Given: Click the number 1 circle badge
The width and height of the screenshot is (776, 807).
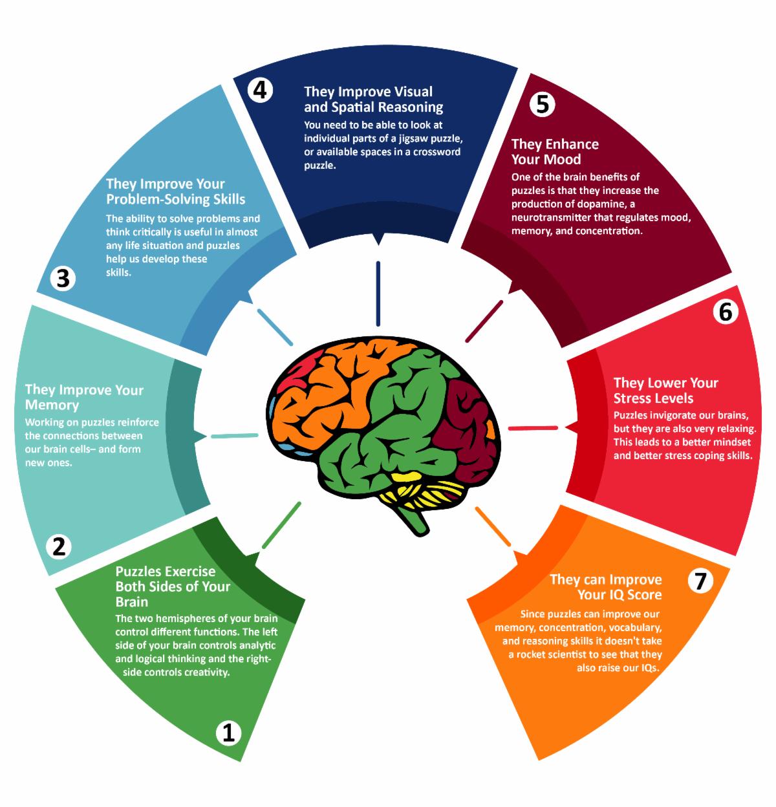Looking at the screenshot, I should (227, 733).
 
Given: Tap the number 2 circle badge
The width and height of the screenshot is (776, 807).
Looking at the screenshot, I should (59, 546).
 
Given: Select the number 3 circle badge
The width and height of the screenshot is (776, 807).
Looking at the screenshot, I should (63, 279).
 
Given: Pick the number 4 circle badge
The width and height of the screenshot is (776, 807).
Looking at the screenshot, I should (259, 90).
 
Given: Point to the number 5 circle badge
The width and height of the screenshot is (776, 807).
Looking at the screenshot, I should (542, 103).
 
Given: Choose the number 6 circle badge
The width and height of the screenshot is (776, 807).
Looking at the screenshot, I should (725, 312).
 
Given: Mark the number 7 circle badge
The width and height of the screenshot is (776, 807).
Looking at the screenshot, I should (700, 581).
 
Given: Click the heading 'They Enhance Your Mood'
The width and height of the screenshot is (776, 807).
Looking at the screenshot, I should (555, 152).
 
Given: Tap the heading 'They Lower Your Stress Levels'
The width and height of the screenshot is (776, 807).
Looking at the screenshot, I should (665, 391).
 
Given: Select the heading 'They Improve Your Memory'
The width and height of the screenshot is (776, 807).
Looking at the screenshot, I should (84, 398).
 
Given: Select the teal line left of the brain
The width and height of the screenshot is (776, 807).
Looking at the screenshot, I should (234, 436).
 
